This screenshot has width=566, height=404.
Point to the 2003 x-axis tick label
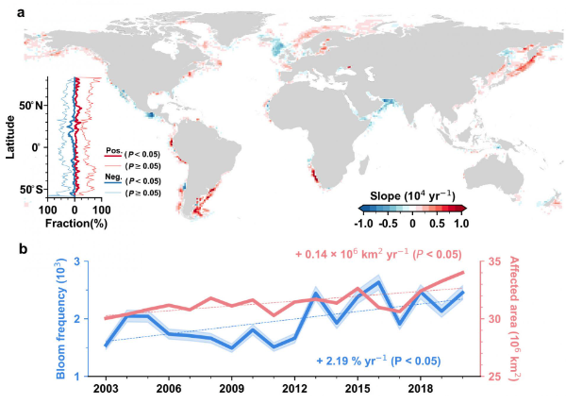click(107, 388)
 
